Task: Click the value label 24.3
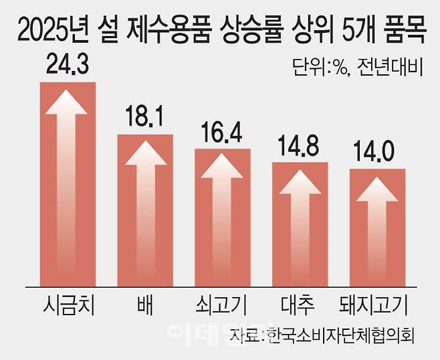68,66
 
